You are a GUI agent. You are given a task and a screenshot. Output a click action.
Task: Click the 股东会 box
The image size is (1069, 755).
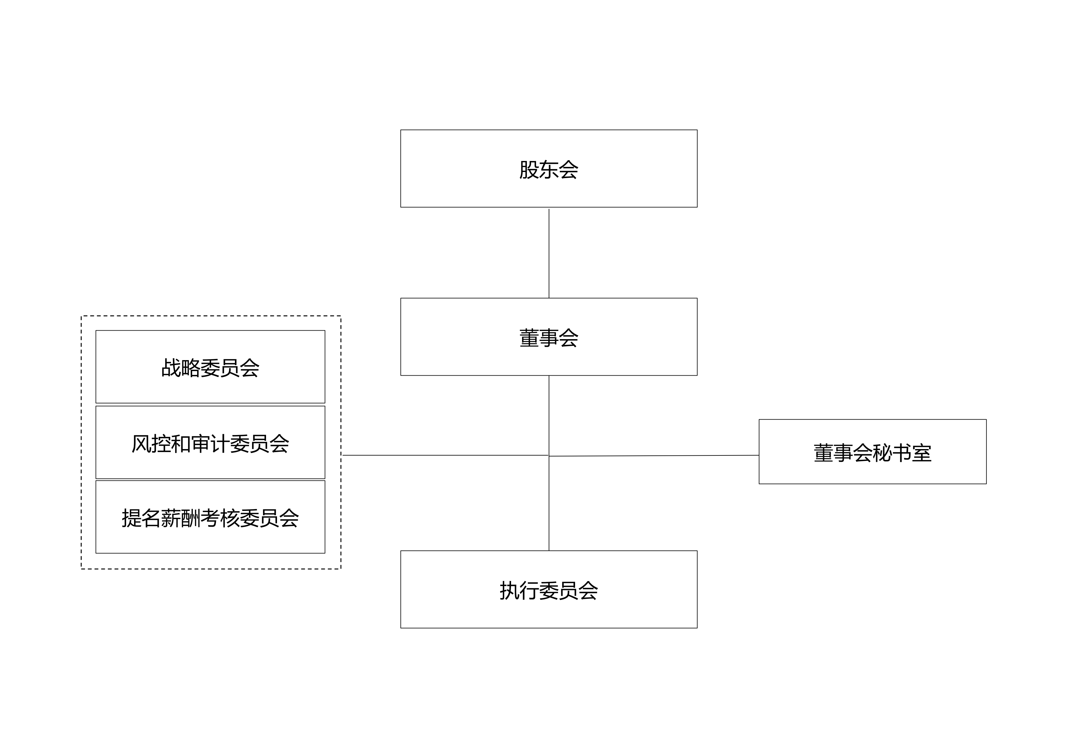pyautogui.click(x=549, y=168)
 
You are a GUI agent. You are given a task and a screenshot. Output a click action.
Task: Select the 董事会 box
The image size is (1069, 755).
pyautogui.click(x=549, y=337)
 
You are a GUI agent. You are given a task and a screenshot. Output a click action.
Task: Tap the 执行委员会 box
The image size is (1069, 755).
pyautogui.click(x=549, y=589)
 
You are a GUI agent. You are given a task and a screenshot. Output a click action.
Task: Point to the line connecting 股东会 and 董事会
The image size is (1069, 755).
pyautogui.click(x=549, y=254)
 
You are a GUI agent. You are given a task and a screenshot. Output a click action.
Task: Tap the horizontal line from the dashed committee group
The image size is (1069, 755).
pyautogui.click(x=445, y=455)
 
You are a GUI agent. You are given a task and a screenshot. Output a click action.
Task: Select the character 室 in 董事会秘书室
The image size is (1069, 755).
pyautogui.click(x=922, y=453)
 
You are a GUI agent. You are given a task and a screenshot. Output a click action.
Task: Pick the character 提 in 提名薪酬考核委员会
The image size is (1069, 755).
pyautogui.click(x=131, y=518)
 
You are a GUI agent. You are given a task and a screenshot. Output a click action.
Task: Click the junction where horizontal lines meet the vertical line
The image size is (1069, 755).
pyautogui.click(x=549, y=455)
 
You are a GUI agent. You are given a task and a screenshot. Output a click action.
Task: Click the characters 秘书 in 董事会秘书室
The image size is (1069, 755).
pyautogui.click(x=892, y=453)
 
